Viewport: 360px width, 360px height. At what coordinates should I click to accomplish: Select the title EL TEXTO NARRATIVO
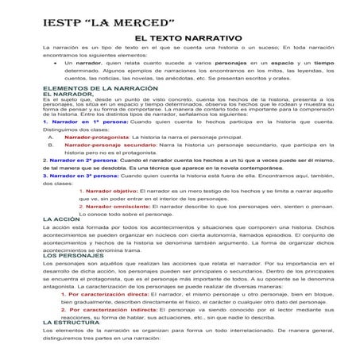[x=188, y=37]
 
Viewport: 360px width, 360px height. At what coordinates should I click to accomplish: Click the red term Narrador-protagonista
[x=98, y=137]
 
